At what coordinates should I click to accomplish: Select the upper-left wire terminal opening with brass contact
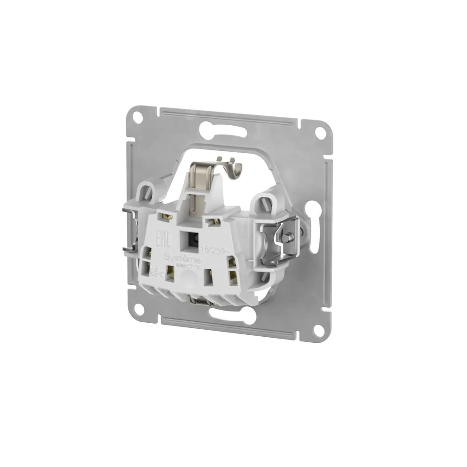click(x=166, y=215)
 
